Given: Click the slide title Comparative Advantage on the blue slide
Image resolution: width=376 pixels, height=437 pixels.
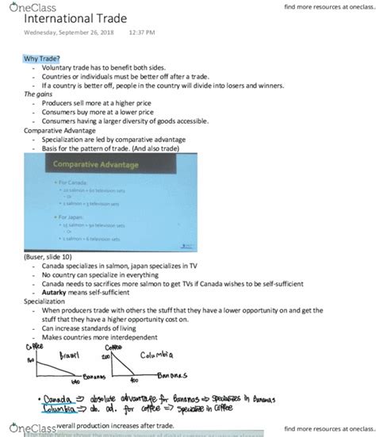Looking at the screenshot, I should [x=95, y=165].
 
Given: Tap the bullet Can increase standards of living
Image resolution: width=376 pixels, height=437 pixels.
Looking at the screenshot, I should [x=94, y=328].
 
